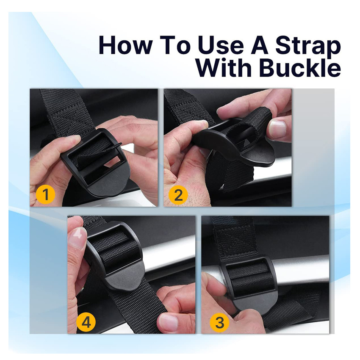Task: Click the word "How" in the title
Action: coord(126,45)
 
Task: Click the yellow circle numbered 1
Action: coord(45,194)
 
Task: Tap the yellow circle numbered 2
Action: coord(178,195)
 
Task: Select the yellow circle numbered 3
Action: coord(219,322)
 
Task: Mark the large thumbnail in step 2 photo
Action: coord(277,129)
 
